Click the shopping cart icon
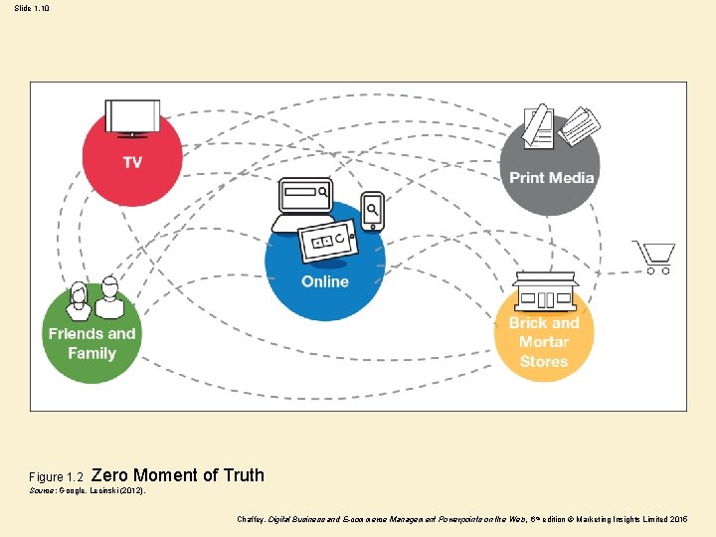[655, 258]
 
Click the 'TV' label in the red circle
[131, 162]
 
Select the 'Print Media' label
[551, 178]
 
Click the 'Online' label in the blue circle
[325, 281]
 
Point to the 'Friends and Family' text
[91, 343]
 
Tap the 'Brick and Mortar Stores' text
[543, 342]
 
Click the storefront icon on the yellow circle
[545, 291]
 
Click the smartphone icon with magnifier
[372, 211]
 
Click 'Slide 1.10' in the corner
[31, 9]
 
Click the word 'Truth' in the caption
[244, 475]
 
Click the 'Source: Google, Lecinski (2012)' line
[88, 491]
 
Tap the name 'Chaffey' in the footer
[251, 519]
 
